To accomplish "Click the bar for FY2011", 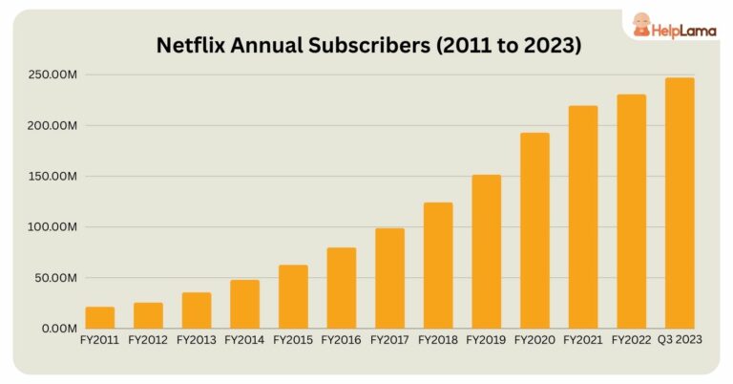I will [x=100, y=318].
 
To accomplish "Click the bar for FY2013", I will [x=197, y=310].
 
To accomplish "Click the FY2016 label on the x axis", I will [x=342, y=339].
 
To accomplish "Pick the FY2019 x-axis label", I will [x=486, y=339].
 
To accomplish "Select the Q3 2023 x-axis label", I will [x=680, y=339].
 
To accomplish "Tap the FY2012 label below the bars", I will [x=148, y=339].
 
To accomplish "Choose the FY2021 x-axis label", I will [x=583, y=339].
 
